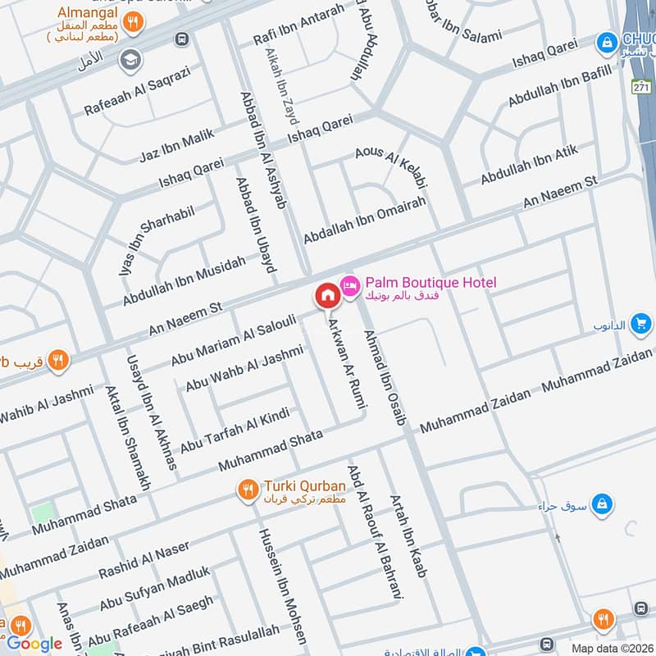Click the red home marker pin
pos(326,295)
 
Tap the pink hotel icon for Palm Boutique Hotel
pos(350,284)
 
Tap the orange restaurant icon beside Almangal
pos(138,23)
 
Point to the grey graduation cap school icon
pos(129,59)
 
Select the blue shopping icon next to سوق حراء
pos(602,501)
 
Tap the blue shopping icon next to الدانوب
pos(641,325)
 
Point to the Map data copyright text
pos(612,648)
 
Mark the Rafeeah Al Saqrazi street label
pos(138,92)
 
